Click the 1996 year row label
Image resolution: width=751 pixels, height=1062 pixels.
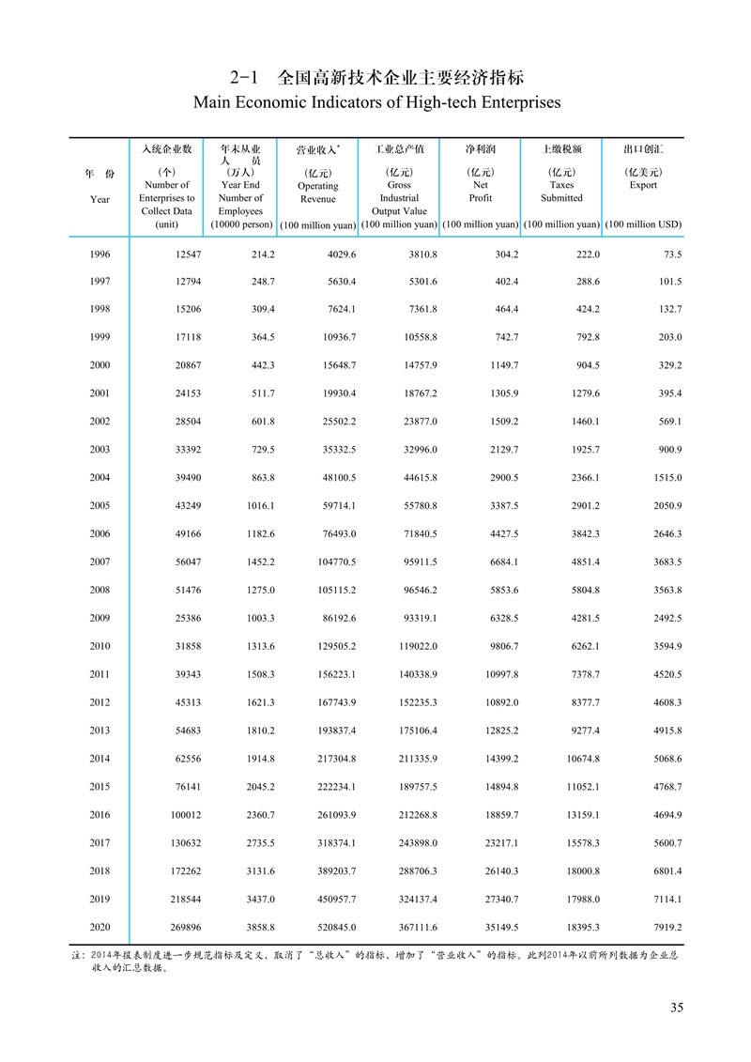tap(100, 254)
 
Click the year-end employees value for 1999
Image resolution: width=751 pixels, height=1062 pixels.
tap(256, 338)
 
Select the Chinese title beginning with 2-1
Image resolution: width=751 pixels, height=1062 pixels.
tap(375, 76)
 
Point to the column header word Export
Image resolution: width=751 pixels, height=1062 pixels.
tap(643, 185)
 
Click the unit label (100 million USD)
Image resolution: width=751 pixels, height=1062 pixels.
tap(643, 225)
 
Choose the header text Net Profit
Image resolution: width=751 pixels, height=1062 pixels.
tap(480, 192)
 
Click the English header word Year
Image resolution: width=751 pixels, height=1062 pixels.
tap(100, 199)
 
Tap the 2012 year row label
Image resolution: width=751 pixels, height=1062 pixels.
tap(100, 701)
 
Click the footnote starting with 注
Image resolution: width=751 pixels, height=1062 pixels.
tap(375, 962)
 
